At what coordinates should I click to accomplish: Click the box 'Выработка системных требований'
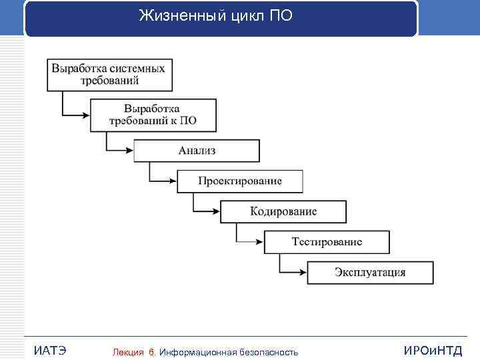click(x=109, y=74)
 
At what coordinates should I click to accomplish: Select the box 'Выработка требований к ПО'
click(x=153, y=115)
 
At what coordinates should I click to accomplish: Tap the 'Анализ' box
click(x=197, y=151)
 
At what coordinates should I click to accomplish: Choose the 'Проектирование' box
click(x=240, y=181)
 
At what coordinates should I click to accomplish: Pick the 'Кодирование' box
click(x=283, y=212)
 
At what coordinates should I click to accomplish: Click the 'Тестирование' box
click(x=327, y=242)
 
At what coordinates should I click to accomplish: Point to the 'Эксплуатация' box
click(x=370, y=273)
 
